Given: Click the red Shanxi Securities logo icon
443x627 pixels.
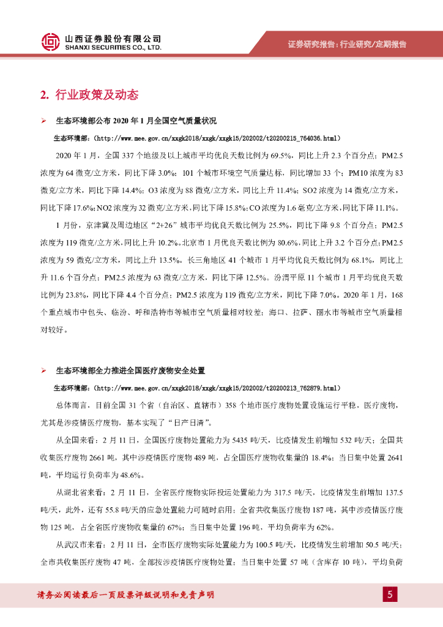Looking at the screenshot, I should (x=51, y=42).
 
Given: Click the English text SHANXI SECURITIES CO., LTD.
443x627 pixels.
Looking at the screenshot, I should (x=113, y=47).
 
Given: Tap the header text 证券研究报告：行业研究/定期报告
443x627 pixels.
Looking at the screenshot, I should (x=347, y=44).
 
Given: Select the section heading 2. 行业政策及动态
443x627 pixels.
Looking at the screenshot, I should (x=89, y=95).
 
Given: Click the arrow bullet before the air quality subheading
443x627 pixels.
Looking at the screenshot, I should (x=43, y=121).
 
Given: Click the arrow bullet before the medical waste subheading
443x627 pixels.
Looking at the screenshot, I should (x=43, y=371).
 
